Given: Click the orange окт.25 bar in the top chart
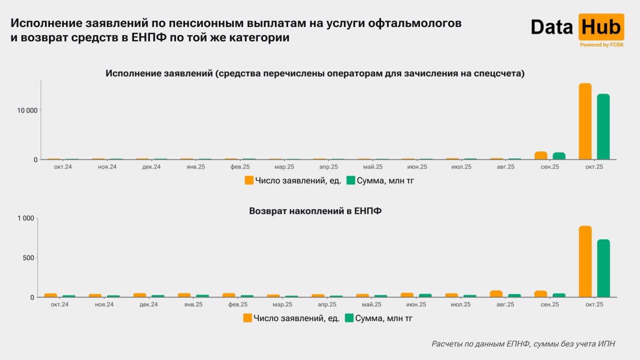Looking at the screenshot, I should pyautogui.click(x=585, y=121).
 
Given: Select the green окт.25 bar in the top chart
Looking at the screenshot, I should pyautogui.click(x=603, y=126).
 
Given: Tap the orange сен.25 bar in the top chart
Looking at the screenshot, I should pyautogui.click(x=540, y=155).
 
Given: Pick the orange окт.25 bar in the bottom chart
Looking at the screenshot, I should pyautogui.click(x=585, y=261).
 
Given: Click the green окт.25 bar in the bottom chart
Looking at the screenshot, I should pyautogui.click(x=603, y=268).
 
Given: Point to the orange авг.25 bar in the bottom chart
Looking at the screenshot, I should pyautogui.click(x=496, y=294).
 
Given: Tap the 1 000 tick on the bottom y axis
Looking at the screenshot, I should pyautogui.click(x=26, y=218).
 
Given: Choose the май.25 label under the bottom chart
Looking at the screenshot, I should pyautogui.click(x=372, y=304).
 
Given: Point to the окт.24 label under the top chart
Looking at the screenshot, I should pyautogui.click(x=63, y=166).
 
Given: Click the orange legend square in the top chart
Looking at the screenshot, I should pyautogui.click(x=249, y=180).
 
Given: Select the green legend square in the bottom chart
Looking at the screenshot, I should pyautogui.click(x=349, y=318).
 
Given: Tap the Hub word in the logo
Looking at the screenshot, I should pyautogui.click(x=601, y=26).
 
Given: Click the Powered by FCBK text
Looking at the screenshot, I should pyautogui.click(x=601, y=44).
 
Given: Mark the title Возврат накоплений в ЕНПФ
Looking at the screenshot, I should pyautogui.click(x=315, y=211).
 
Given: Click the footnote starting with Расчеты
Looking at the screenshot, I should pyautogui.click(x=523, y=344).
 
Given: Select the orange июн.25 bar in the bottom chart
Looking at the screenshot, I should pyautogui.click(x=407, y=295).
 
